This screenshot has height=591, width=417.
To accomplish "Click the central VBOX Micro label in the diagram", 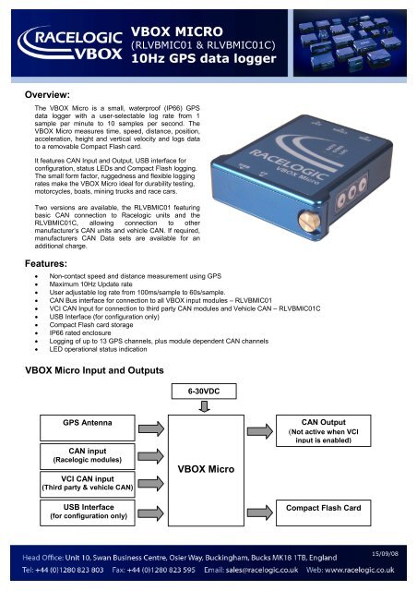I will point(208,469).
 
